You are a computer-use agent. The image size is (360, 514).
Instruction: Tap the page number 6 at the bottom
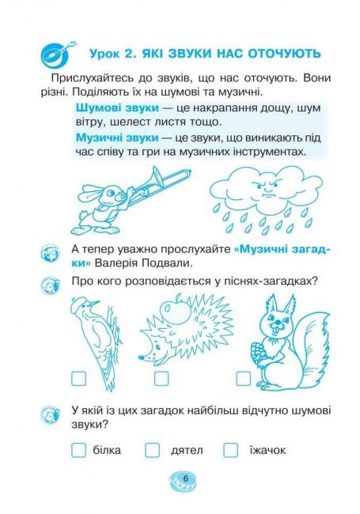(186, 478)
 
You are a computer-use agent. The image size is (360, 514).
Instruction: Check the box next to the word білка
(78, 451)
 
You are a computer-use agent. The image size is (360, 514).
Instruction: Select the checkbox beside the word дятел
(152, 451)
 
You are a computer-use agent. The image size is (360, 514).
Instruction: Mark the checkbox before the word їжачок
(230, 451)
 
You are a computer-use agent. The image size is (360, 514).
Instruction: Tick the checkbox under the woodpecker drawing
(78, 378)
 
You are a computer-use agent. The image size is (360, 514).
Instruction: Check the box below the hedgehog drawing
(161, 378)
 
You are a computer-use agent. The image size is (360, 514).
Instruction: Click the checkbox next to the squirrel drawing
(243, 378)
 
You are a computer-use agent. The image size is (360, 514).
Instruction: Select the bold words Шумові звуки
(117, 108)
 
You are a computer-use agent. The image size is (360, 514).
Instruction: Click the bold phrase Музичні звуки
(117, 138)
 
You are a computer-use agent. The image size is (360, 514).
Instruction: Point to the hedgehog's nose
(141, 357)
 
